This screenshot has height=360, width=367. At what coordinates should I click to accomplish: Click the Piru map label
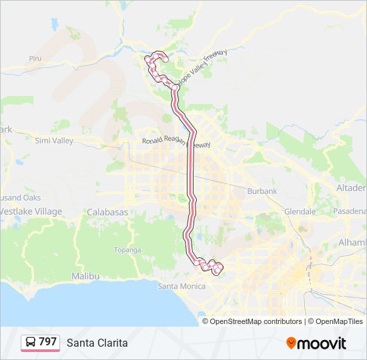pyautogui.click(x=35, y=59)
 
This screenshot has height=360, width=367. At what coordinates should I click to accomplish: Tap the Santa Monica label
pyautogui.click(x=178, y=287)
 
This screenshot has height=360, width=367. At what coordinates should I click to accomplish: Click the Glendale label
pyautogui.click(x=300, y=211)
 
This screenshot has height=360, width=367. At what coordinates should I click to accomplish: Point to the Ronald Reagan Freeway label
pyautogui.click(x=176, y=142)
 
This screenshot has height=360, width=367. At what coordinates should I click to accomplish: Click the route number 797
pyautogui.click(x=47, y=342)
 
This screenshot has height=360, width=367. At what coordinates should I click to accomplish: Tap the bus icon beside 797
pyautogui.click(x=31, y=343)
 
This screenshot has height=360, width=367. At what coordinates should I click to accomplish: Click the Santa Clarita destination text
pyautogui.click(x=97, y=343)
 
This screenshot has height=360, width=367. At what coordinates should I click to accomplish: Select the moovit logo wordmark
pyautogui.click(x=322, y=343)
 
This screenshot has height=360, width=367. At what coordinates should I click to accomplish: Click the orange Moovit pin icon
pyautogui.click(x=292, y=343)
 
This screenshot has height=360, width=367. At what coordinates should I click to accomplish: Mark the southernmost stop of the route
pyautogui.click(x=216, y=271)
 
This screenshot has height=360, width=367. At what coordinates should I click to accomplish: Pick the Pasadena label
pyautogui.click(x=350, y=211)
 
